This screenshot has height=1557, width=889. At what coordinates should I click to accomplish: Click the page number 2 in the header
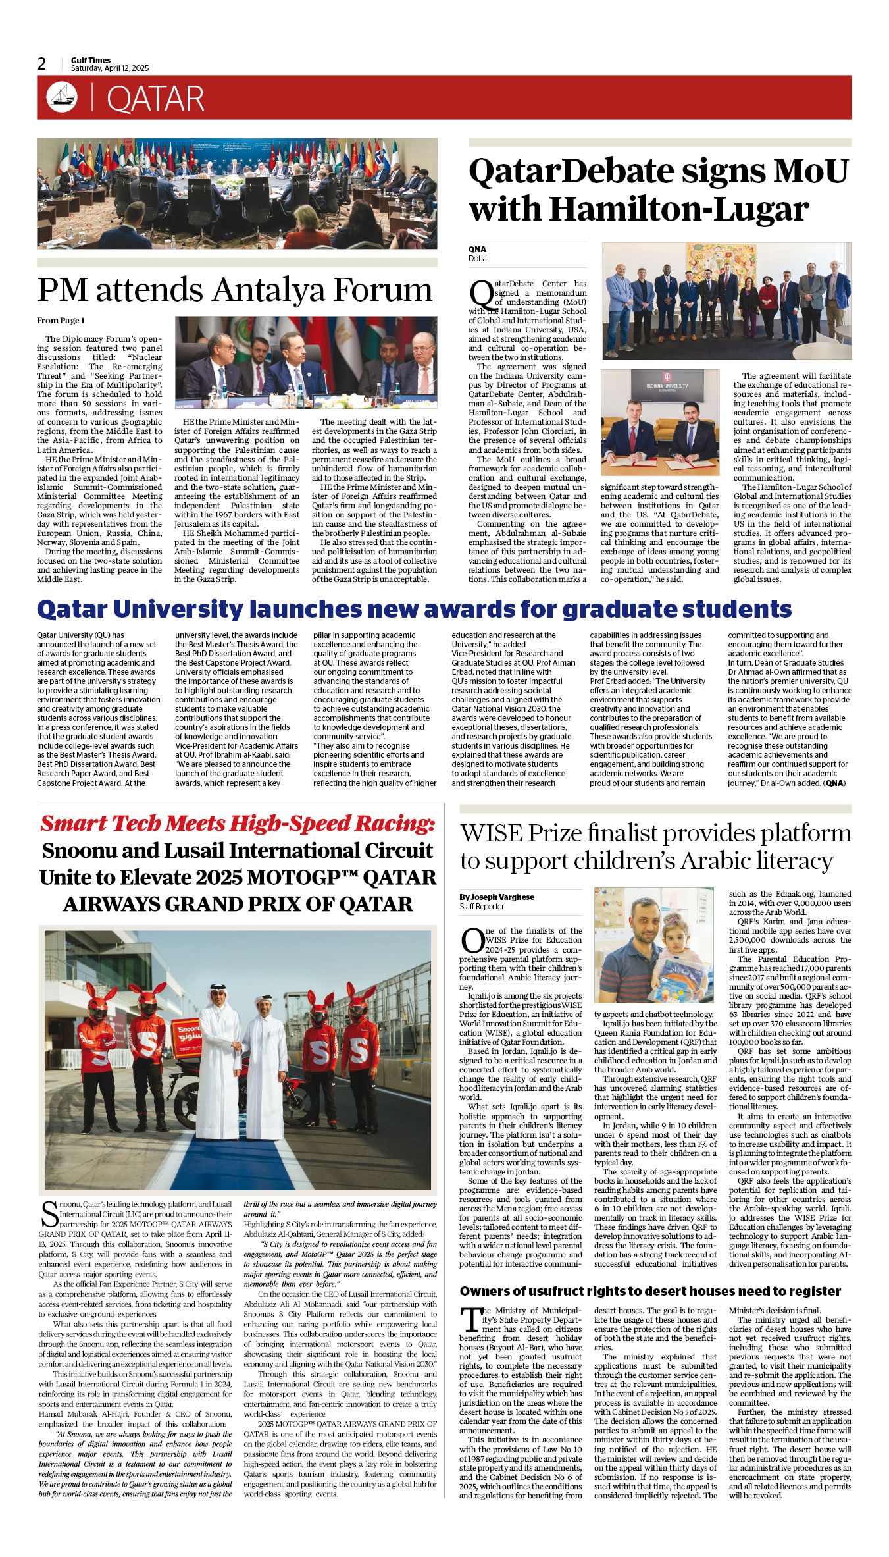point(41,64)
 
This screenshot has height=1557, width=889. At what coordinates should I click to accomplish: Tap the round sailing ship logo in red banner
point(62,97)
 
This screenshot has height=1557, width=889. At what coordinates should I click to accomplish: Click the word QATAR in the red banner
point(155,99)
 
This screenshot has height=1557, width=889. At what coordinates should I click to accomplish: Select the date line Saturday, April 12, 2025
point(110,68)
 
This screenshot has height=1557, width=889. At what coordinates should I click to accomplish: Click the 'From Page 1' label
point(61,321)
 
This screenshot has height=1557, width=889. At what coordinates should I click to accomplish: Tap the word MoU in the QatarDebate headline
point(810,171)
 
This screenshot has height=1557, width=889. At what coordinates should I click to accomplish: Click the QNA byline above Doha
point(477,250)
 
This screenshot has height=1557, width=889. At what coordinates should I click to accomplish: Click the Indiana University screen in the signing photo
point(667,384)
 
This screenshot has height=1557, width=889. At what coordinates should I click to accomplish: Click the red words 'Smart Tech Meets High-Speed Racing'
point(238,823)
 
